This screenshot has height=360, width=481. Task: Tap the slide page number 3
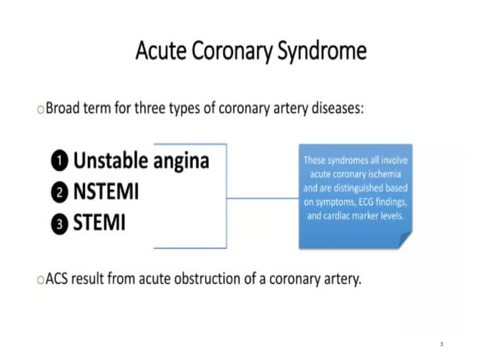point(441,343)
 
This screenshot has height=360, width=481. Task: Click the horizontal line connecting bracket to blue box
point(262,199)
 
